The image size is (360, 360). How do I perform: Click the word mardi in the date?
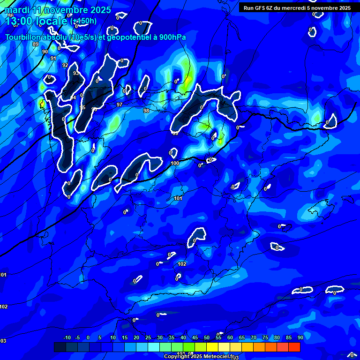16,10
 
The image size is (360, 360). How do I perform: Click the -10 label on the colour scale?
67,338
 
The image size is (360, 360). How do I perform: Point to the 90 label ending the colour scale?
300,338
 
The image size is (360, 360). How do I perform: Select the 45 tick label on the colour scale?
195,338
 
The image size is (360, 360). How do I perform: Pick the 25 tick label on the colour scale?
148,338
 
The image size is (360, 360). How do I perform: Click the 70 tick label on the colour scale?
253,338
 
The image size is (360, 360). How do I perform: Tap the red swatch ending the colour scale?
294,347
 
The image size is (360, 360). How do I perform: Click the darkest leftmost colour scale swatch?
60,347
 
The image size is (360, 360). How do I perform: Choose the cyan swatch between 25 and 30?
153,347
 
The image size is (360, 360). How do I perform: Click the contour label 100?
175,163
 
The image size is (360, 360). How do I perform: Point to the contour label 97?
120,105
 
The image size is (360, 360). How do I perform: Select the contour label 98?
146,111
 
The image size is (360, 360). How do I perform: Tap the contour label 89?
36,44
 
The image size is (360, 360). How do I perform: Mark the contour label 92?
65,65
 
